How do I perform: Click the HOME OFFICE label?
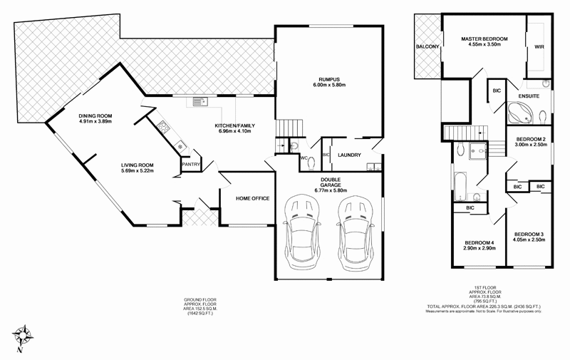point(252,198)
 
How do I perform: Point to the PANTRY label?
point(191,165)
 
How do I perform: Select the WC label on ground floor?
point(304,158)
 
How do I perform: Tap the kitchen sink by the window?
point(199,101)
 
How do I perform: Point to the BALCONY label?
point(427,47)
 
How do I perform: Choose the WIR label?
point(539,47)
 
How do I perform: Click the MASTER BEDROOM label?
point(484,38)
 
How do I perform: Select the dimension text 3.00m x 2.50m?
point(530,145)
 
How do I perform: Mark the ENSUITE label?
point(529,95)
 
